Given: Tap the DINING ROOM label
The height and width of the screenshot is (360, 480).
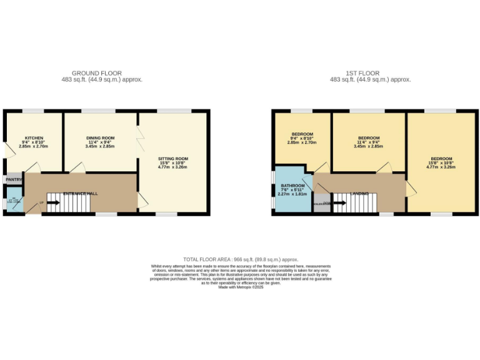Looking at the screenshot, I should [x=100, y=138].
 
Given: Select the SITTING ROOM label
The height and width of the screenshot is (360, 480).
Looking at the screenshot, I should [x=172, y=159].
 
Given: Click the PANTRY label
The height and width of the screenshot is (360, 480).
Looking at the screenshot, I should [x=14, y=180].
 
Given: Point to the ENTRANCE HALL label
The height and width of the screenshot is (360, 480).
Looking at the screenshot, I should [x=79, y=194].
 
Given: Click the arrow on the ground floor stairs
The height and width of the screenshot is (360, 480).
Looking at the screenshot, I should [x=52, y=202].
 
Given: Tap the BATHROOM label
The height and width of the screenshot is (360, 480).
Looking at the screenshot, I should [x=292, y=186].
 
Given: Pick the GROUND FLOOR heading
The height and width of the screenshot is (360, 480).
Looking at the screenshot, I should [x=97, y=73].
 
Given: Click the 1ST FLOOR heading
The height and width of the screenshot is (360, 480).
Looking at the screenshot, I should [x=370, y=73].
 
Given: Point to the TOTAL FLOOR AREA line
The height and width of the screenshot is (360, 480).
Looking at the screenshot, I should [x=241, y=259].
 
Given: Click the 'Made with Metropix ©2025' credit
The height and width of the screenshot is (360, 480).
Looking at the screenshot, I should [x=241, y=287].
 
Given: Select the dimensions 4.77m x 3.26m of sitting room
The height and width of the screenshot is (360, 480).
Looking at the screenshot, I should [x=172, y=167].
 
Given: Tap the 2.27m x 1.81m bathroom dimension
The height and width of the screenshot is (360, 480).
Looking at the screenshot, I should [x=292, y=194].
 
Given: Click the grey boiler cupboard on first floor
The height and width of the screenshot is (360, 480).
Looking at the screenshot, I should [x=321, y=203].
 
